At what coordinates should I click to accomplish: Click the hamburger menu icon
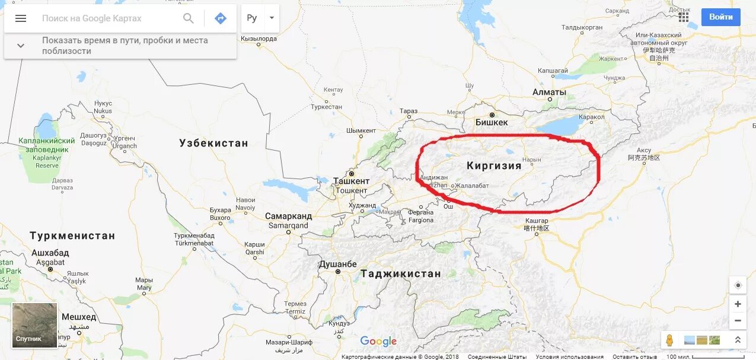(x=21, y=18)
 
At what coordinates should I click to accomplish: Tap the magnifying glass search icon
(x=189, y=18)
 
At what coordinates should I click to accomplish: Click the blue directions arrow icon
(x=221, y=18)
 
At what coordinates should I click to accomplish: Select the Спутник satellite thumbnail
(x=35, y=324)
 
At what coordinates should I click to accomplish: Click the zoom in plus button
(x=738, y=304)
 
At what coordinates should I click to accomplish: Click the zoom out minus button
(x=738, y=321)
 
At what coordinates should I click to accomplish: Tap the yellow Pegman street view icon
(x=670, y=340)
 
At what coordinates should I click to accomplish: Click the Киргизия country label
(x=494, y=165)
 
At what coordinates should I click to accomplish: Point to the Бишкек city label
(x=492, y=122)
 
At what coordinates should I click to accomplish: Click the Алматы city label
(x=549, y=92)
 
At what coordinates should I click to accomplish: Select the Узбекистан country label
(x=213, y=143)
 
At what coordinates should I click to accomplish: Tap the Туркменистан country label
(x=72, y=235)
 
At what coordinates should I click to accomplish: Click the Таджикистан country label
(x=401, y=273)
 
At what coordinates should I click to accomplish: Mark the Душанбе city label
(x=337, y=264)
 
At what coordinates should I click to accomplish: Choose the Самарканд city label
(x=288, y=216)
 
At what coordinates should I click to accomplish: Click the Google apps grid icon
(x=684, y=17)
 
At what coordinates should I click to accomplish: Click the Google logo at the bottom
(x=378, y=341)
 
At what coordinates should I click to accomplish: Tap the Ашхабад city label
(x=50, y=253)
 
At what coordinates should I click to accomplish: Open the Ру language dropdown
(x=260, y=18)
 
